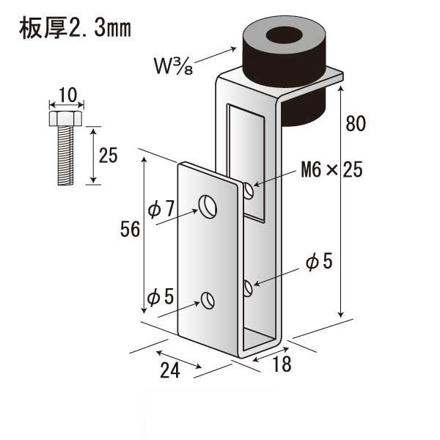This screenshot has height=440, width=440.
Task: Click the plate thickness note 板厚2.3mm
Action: point(75,28)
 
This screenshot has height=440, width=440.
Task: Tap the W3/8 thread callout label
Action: point(173,66)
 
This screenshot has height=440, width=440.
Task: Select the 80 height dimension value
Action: point(356,123)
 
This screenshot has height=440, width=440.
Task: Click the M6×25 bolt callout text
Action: point(331,169)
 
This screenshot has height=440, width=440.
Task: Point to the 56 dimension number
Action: point(130,230)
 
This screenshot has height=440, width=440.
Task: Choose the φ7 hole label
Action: point(161,209)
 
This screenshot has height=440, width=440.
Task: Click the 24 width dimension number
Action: point(170,370)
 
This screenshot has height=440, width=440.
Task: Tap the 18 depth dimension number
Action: point(282,364)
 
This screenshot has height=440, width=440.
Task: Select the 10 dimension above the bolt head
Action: point(67,95)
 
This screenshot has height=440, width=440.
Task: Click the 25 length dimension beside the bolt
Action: point(108,155)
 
